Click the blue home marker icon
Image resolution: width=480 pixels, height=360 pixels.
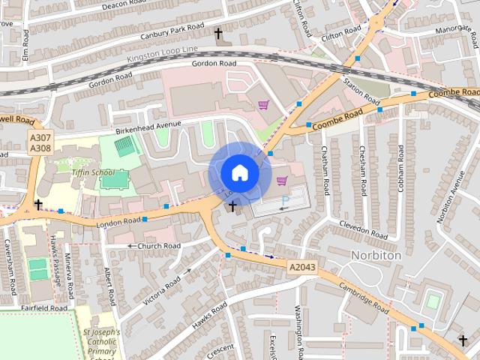(239, 172)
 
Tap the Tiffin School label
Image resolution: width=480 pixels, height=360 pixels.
(91, 172)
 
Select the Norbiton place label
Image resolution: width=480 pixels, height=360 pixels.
(376, 256)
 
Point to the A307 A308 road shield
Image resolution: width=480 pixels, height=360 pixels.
(40, 143)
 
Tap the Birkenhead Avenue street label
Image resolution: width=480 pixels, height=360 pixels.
(148, 126)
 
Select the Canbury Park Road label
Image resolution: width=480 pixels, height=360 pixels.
(172, 31)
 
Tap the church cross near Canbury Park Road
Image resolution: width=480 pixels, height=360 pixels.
(219, 34)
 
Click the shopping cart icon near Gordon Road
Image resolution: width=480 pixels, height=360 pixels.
(263, 106)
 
